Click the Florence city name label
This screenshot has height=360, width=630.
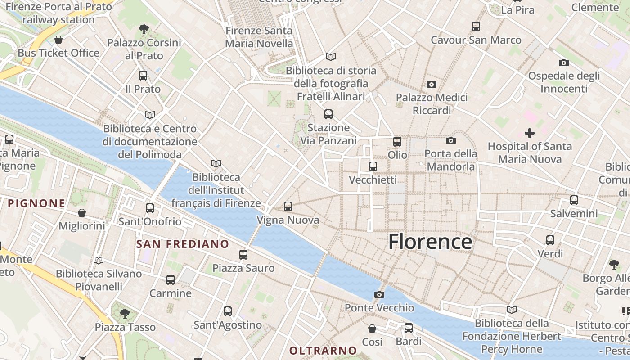click(430, 242)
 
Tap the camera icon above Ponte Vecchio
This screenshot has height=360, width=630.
click(379, 294)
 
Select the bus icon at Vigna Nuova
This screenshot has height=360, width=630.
click(288, 207)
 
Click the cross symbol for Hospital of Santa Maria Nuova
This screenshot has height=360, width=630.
click(530, 133)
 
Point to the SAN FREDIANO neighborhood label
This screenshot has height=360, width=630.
click(183, 244)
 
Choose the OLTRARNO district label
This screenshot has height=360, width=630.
click(323, 351)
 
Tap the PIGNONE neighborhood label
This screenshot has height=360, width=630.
click(36, 203)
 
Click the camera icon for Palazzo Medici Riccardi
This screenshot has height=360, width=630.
click(431, 84)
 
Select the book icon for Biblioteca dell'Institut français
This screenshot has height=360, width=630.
click(216, 163)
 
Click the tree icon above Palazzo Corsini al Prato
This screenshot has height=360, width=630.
click(144, 30)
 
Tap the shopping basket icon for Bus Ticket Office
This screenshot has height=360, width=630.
click(58, 40)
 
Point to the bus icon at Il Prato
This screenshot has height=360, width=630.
click(143, 76)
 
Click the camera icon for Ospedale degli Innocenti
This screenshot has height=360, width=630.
click(563, 63)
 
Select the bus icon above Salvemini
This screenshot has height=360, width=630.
click(574, 200)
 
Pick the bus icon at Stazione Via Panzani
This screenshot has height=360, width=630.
click(328, 114)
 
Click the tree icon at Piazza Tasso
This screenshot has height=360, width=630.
click(125, 313)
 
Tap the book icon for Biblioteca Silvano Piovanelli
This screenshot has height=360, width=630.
click(99, 260)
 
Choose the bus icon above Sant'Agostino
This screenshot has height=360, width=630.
click(228, 311)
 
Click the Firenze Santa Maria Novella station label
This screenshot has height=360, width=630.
click(259, 37)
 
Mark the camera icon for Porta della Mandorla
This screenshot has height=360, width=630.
click(450, 140)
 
